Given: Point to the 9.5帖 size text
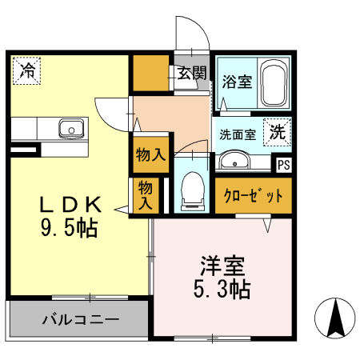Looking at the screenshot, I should coord(69,229).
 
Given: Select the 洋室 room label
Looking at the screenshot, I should coord(222,264).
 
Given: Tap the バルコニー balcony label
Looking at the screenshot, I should coord(80,320).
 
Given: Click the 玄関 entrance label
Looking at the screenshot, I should coord(192,73).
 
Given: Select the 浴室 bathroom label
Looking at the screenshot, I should coord(237,82).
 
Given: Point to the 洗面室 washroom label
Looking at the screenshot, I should coord(238,134).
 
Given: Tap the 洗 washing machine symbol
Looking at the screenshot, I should coord(277,132).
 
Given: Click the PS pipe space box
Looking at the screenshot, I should coord(284,166).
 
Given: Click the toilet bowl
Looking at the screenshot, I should coord(192,190).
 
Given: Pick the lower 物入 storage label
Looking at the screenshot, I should coord(145,195).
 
